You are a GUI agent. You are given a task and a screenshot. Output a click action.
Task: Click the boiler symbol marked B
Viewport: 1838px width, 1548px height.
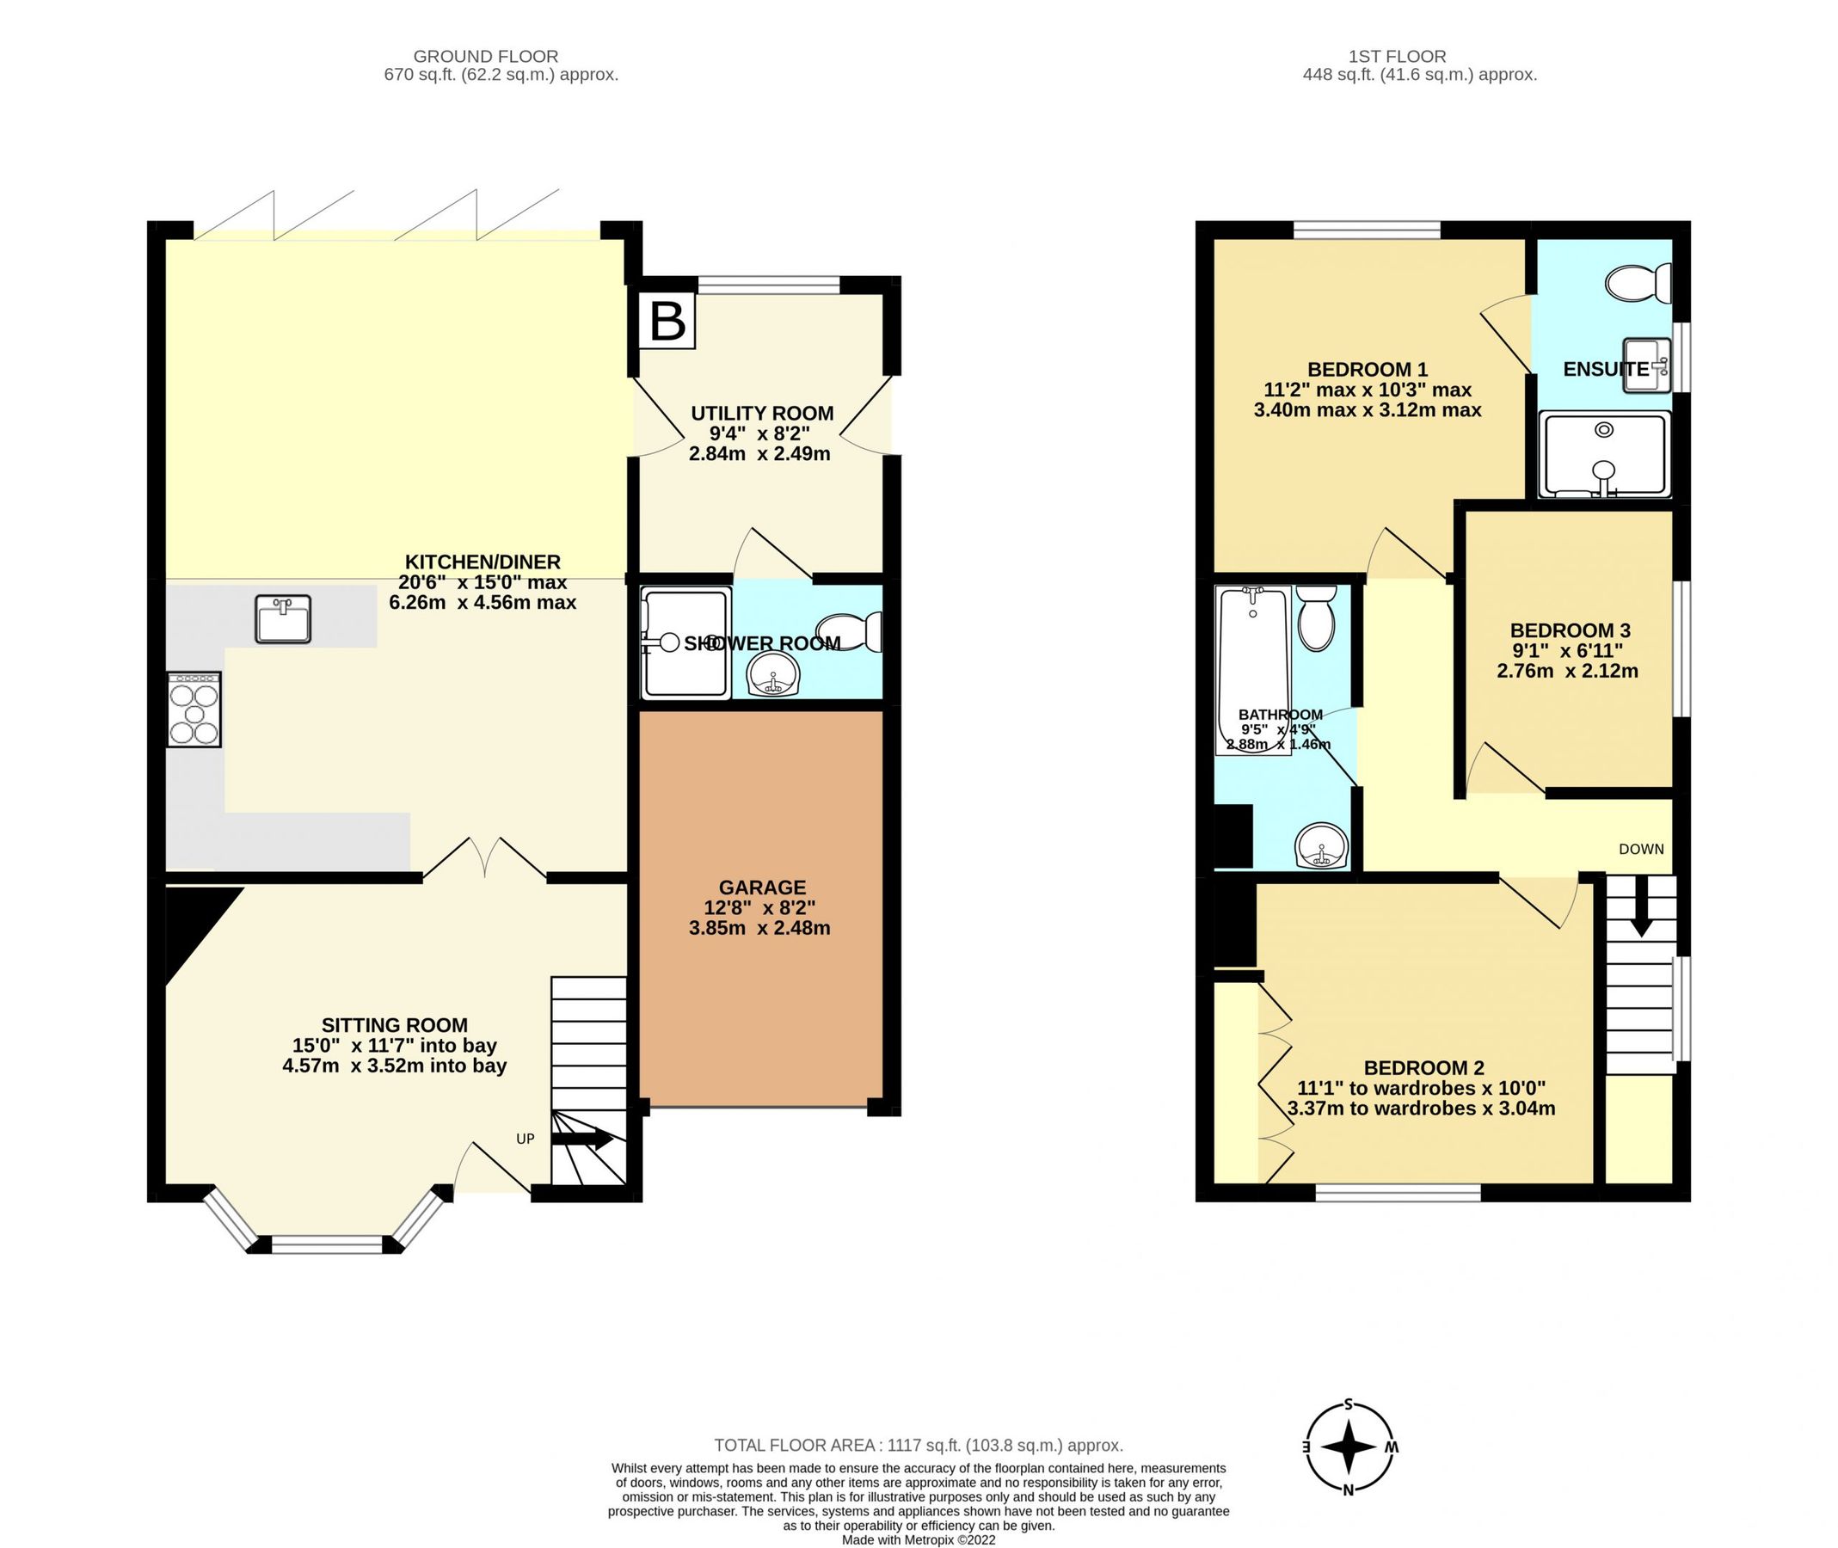click(x=667, y=321)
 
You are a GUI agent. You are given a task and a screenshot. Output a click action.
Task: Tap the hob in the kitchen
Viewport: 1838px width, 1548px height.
click(x=194, y=709)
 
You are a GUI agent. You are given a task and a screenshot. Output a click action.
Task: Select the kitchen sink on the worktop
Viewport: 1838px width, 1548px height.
click(x=283, y=618)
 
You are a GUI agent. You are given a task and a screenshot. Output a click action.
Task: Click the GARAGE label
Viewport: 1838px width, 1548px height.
click(x=761, y=888)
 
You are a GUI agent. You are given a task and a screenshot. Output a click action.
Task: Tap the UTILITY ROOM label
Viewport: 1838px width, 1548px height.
click(x=761, y=414)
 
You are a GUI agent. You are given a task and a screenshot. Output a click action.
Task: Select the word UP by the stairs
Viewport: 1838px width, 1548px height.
click(x=525, y=1139)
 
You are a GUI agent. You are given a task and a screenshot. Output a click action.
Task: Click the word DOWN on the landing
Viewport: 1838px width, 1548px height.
click(x=1640, y=849)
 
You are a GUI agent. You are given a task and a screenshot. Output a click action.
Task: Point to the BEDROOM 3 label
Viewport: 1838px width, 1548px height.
click(x=1570, y=630)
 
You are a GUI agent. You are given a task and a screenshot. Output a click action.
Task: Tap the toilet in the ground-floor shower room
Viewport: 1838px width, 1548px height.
click(x=848, y=632)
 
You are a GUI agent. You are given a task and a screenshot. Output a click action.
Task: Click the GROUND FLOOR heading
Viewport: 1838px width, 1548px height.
click(x=484, y=56)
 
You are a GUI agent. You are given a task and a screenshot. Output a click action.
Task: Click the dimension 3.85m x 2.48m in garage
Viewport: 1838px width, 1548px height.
click(x=759, y=928)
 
